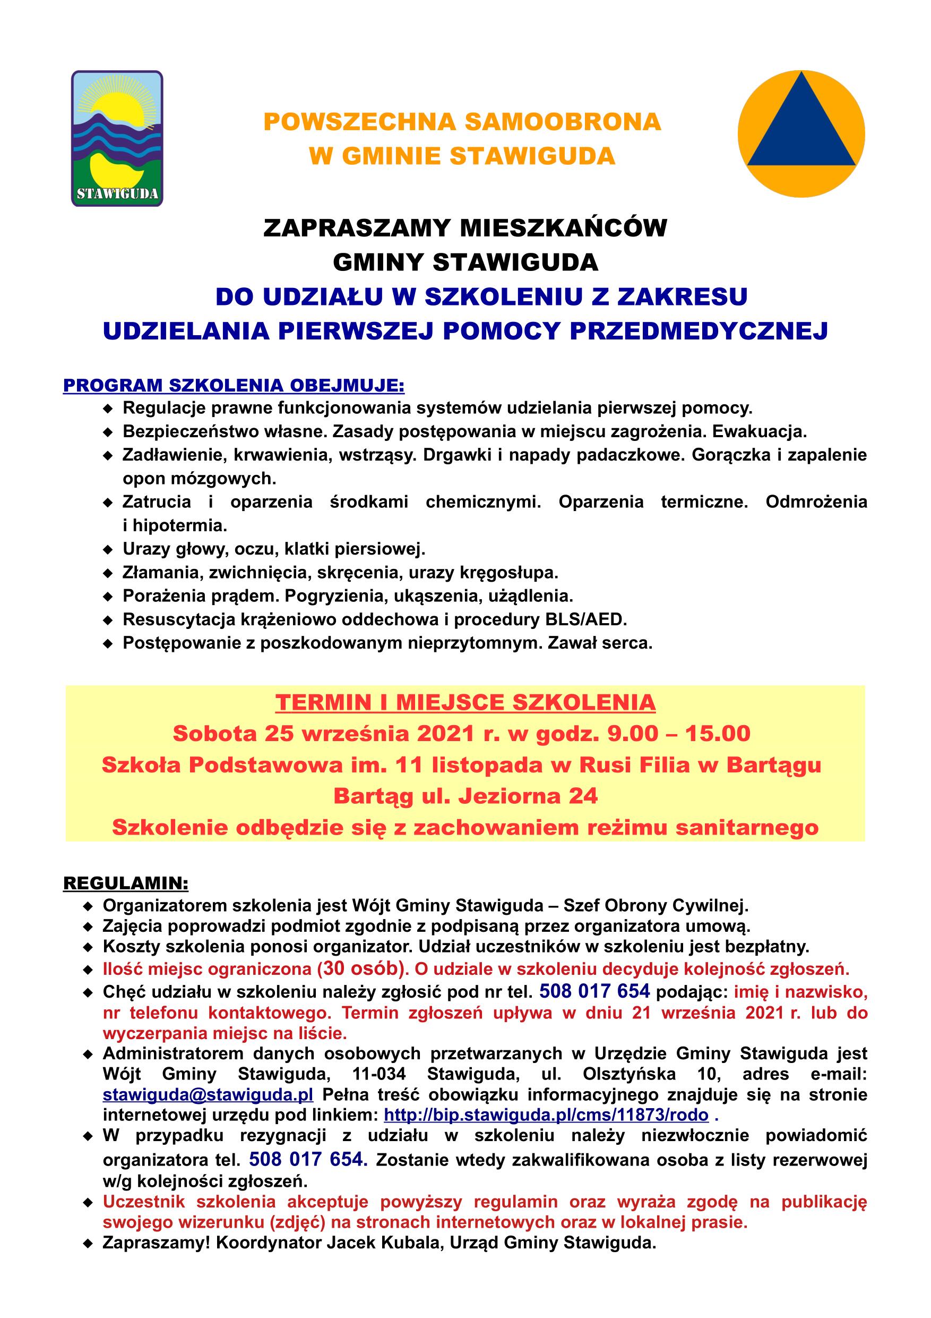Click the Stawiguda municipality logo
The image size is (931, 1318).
(x=117, y=138)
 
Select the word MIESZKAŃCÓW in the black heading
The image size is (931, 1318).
(x=563, y=228)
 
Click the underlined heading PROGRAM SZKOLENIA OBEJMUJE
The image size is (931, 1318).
(x=234, y=385)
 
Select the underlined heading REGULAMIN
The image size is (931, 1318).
(x=126, y=882)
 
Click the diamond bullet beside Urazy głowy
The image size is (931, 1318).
(x=107, y=550)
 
